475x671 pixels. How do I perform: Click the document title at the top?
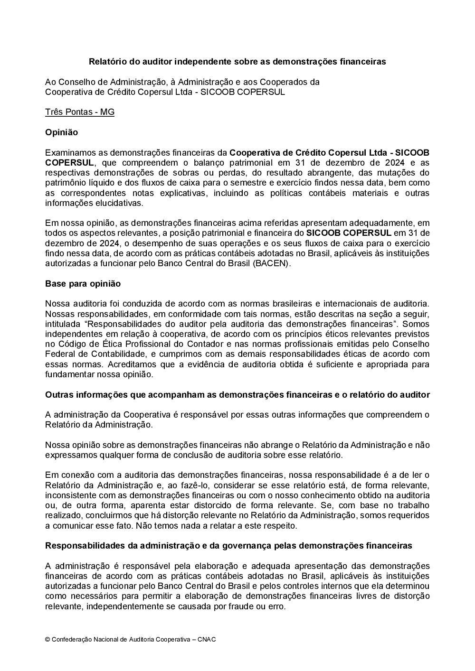tap(237, 62)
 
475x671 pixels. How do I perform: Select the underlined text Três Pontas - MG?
tap(80, 112)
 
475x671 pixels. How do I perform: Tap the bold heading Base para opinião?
tap(83, 284)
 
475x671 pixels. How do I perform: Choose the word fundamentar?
tap(69, 374)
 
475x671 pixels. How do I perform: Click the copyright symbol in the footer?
tap(47, 640)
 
